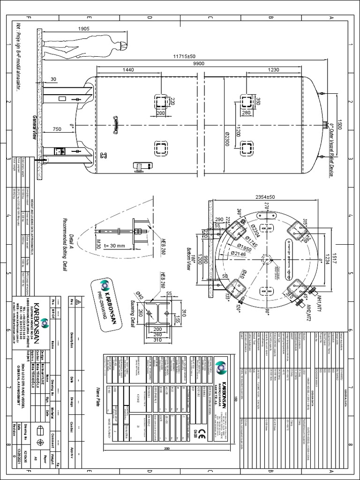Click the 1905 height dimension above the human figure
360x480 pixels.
(x=85, y=29)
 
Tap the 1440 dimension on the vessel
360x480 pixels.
(x=128, y=69)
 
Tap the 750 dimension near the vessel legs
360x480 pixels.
(x=57, y=129)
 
